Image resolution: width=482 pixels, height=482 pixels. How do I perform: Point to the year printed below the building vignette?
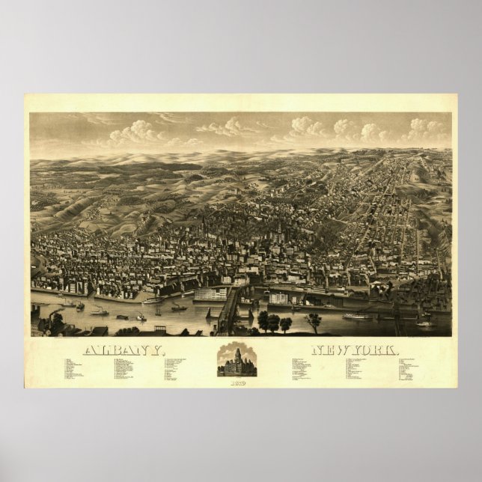pos(237,382)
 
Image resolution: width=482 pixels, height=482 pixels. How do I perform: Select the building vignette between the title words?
pos(237,361)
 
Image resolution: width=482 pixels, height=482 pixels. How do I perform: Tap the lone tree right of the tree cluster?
pos(314,321)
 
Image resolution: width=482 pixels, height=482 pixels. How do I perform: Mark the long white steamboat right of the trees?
pos(357,316)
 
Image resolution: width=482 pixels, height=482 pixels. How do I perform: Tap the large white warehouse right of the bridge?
pos(278,298)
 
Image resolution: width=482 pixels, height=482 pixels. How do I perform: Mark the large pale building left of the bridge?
pos(210,294)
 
